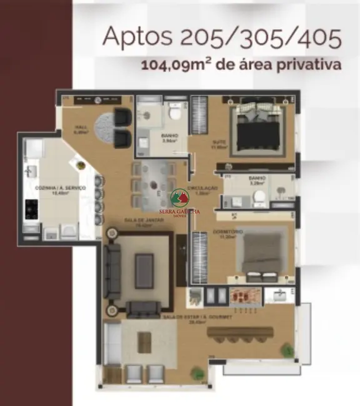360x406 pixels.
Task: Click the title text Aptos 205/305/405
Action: (222, 37)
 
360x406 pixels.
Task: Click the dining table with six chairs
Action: (152, 186)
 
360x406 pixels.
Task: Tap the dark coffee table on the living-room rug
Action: (144, 270)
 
